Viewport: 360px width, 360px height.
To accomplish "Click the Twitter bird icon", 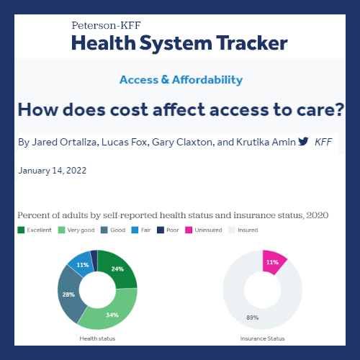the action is coord(303,141).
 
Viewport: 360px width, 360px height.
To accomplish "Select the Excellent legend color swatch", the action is coord(21,230).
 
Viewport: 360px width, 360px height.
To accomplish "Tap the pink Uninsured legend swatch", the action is coord(189,230).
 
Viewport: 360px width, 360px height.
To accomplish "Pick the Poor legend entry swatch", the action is coord(161,230).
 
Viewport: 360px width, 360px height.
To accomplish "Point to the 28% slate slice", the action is coord(68,294).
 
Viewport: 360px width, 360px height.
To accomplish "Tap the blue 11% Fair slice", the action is coord(81,264).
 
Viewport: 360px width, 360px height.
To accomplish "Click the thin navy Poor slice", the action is coord(94,261).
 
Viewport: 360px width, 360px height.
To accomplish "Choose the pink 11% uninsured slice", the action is coord(272,262).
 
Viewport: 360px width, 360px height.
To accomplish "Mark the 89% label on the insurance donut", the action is coord(253,318).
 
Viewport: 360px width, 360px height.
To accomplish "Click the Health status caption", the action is coord(97,338).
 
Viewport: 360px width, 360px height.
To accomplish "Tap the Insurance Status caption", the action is coord(262,338).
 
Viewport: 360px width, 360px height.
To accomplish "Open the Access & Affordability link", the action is coord(181,80).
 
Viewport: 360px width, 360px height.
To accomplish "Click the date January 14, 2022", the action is coord(53,171).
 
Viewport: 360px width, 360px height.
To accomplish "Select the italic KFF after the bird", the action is coord(323,142).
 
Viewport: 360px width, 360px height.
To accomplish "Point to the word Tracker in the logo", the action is coord(252,43).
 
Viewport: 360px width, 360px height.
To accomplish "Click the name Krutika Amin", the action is coord(266,142).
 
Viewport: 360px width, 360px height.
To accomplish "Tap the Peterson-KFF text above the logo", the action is coord(106,25).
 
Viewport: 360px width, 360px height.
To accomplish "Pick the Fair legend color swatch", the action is coord(135,230).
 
